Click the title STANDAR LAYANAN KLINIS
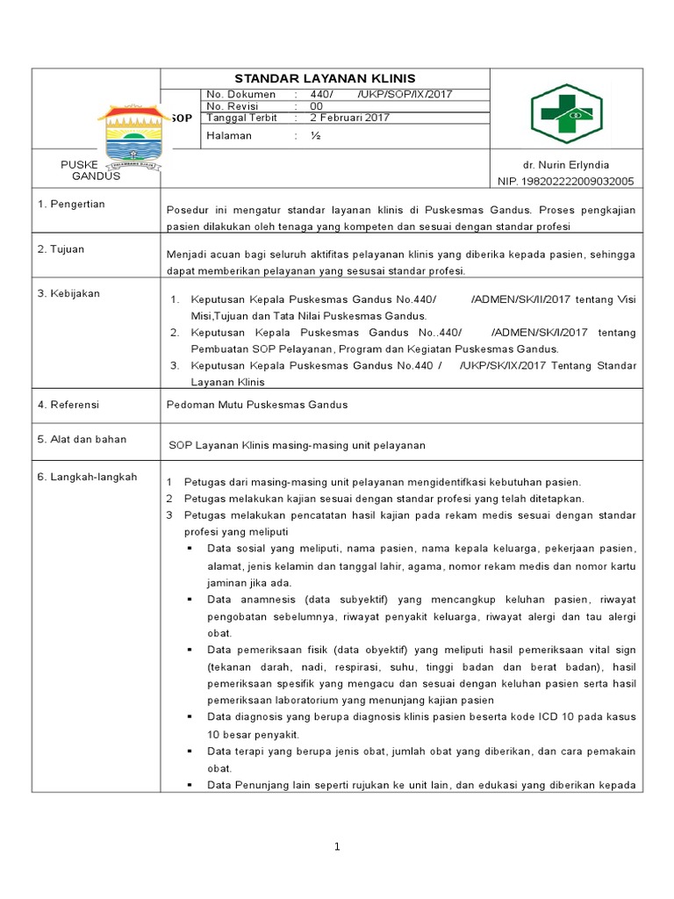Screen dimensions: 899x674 tap(325, 78)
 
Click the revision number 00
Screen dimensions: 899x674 tap(315, 106)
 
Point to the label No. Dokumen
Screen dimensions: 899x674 tap(240, 95)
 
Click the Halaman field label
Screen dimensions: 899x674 tap(229, 136)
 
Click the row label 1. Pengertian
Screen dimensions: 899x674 tap(71, 205)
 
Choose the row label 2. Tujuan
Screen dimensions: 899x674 tap(61, 249)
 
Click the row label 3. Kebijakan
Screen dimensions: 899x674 tap(68, 293)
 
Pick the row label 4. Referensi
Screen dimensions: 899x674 tap(68, 405)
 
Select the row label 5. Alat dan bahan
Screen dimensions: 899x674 tap(82, 439)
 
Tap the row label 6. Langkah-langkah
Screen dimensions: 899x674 tap(87, 478)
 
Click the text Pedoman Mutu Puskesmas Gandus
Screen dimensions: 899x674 tap(257, 405)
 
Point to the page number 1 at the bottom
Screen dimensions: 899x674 tap(336, 846)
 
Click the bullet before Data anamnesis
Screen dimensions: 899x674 tap(190, 600)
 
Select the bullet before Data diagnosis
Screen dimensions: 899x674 tap(190, 717)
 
